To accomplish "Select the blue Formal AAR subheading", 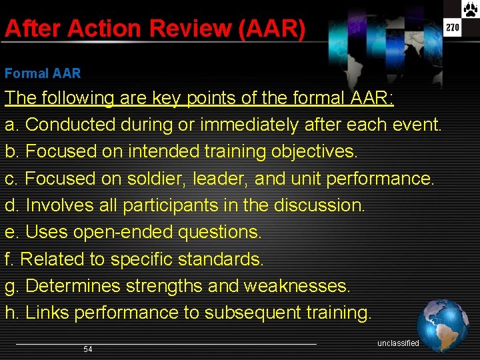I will (43, 73).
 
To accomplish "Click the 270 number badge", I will (453, 28).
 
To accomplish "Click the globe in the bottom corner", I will (443, 325).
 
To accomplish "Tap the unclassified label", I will (398, 343).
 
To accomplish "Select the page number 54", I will (88, 349).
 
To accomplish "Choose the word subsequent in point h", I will (253, 313).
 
